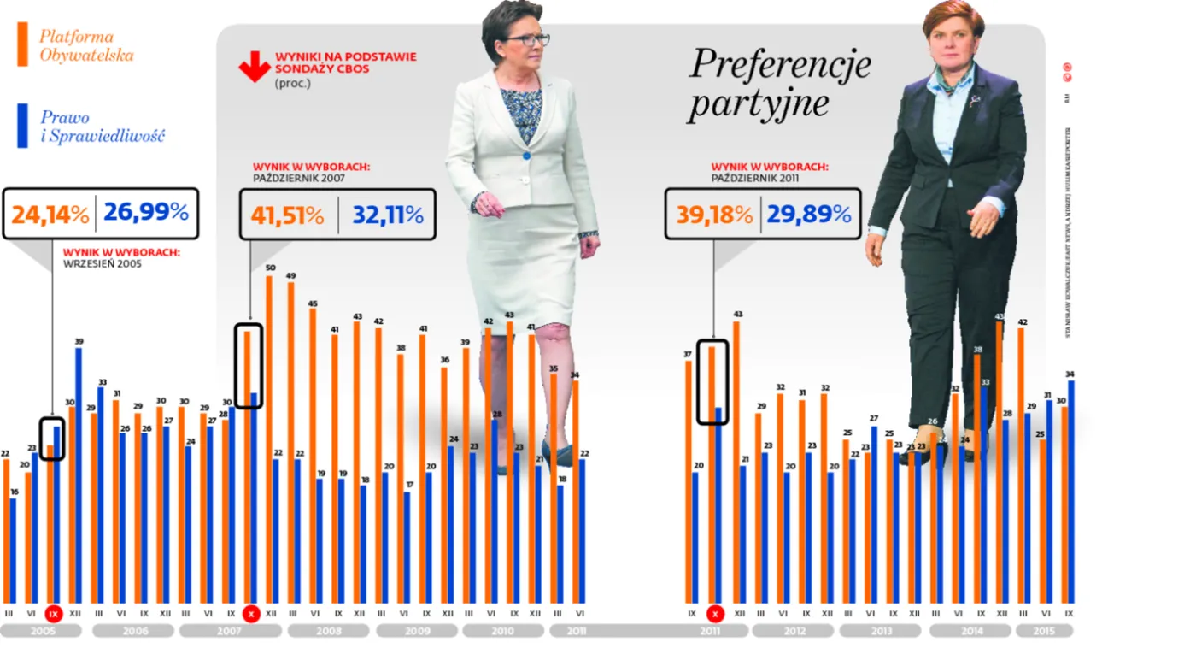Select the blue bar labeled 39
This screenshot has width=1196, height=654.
[79, 474]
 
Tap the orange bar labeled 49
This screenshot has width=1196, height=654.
[291, 445]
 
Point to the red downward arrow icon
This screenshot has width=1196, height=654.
[255, 67]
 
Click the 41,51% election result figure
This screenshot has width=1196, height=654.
[287, 215]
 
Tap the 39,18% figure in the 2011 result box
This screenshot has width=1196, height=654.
[714, 215]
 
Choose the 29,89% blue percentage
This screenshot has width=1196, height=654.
[808, 215]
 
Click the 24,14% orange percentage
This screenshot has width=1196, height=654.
[50, 215]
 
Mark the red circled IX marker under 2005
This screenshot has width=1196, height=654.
[54, 614]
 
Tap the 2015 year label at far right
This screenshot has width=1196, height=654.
[1042, 631]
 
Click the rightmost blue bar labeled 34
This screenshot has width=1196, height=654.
[1070, 492]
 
